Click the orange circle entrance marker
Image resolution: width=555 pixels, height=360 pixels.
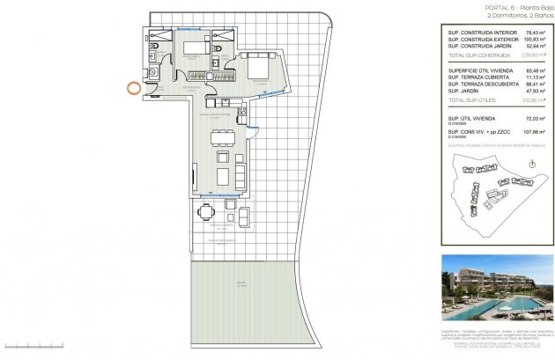pyautogui.click(x=133, y=87)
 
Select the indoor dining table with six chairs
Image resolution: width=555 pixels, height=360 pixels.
pyautogui.click(x=222, y=137)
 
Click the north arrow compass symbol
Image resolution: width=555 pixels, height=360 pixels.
pyautogui.click(x=530, y=164)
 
